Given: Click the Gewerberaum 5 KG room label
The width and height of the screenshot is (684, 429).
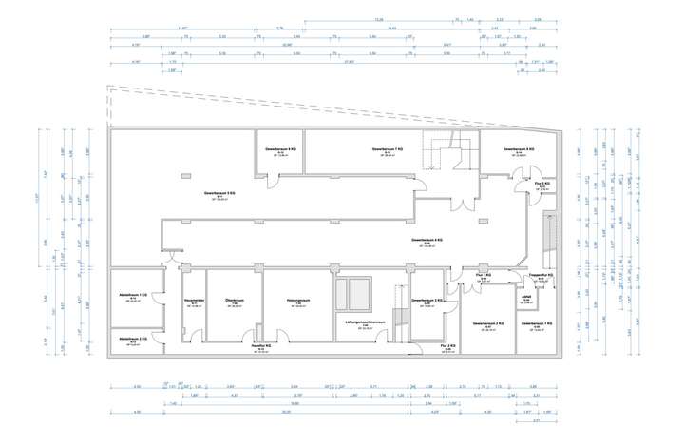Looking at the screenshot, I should click(218, 194).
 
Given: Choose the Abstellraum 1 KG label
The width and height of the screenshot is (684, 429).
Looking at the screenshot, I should click(133, 297).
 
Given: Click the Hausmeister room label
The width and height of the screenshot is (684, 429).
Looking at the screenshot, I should click(195, 302).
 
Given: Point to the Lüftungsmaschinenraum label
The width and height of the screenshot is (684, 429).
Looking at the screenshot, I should click(365, 323).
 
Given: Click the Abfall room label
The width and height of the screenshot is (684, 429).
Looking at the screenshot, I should click(525, 297).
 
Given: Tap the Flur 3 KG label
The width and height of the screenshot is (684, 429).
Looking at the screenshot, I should click(543, 184).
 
